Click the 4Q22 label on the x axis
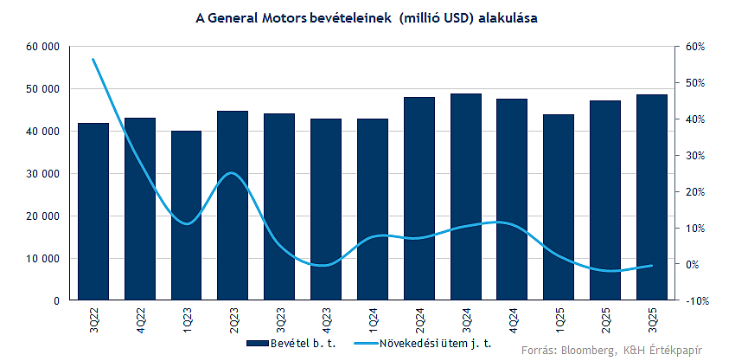[140, 321]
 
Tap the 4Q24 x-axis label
[513, 321]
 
